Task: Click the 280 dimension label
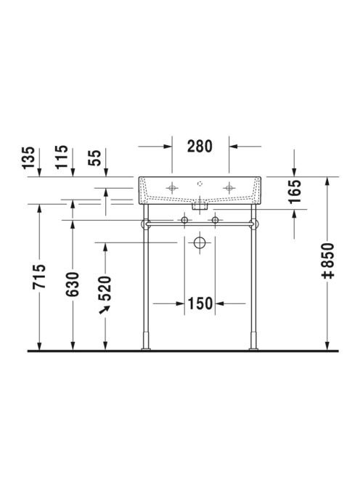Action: pyautogui.click(x=200, y=147)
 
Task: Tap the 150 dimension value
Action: pyautogui.click(x=200, y=303)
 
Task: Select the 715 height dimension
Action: pyautogui.click(x=39, y=277)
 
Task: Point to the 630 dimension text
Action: pyautogui.click(x=73, y=284)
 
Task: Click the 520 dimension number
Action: pyautogui.click(x=105, y=288)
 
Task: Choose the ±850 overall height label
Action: pyautogui.click(x=327, y=261)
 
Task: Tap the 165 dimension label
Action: pyautogui.click(x=295, y=192)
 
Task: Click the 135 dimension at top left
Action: pyautogui.click(x=28, y=158)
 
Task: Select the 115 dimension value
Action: pyautogui.click(x=62, y=157)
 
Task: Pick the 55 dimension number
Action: pyautogui.click(x=94, y=158)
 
